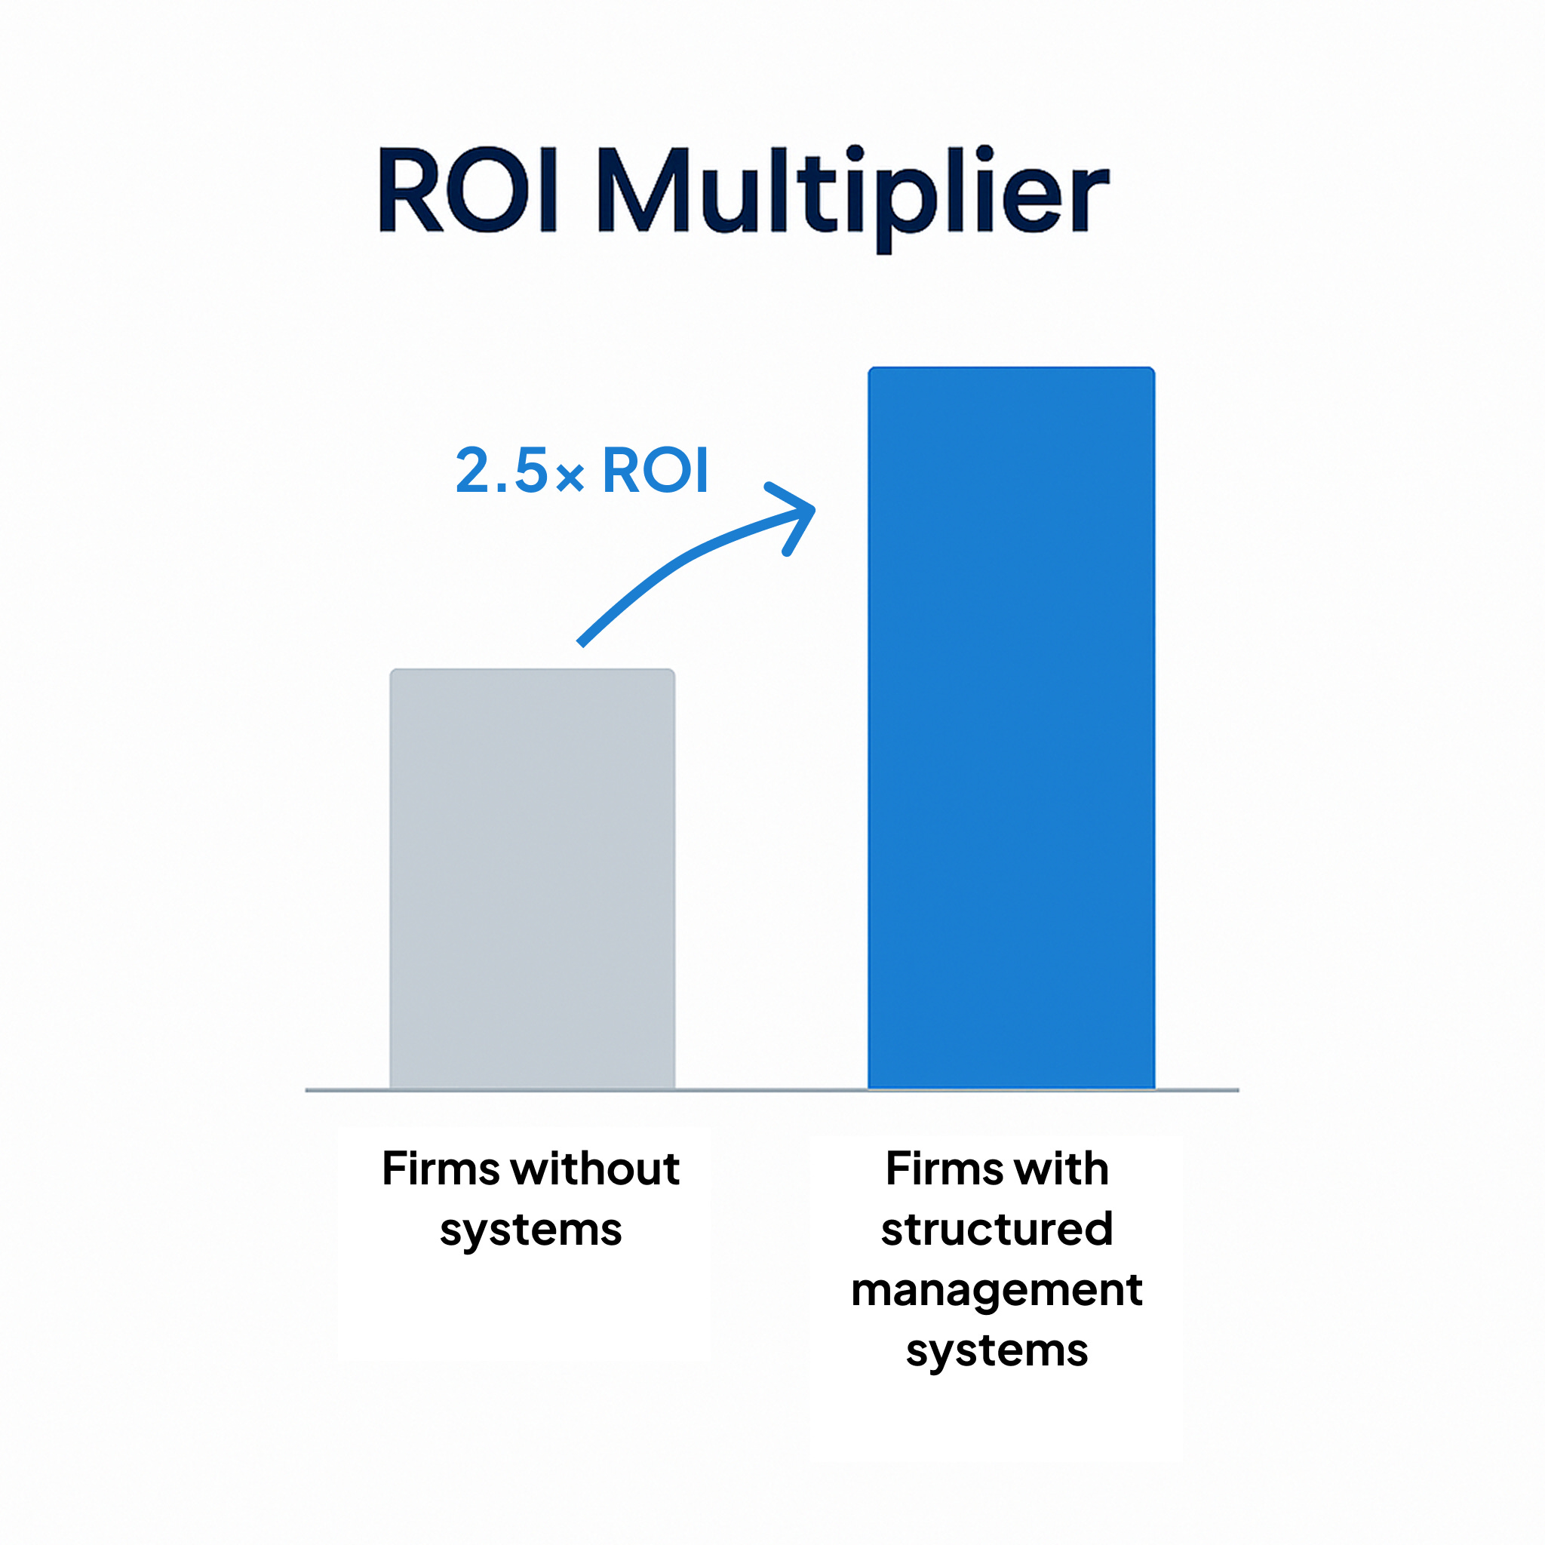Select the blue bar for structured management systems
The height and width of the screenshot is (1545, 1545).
1011,728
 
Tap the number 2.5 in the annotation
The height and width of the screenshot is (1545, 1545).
502,470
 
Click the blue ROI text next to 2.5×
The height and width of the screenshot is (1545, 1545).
655,470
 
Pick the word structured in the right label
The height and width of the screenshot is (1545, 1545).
997,1229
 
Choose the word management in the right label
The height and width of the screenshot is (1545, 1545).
997,1290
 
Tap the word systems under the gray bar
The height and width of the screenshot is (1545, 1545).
530,1230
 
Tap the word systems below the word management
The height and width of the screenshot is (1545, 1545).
997,1350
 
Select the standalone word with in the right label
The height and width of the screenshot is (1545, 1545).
1063,1169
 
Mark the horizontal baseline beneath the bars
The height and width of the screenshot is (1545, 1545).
772,1090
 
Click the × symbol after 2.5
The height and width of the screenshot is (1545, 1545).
570,478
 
